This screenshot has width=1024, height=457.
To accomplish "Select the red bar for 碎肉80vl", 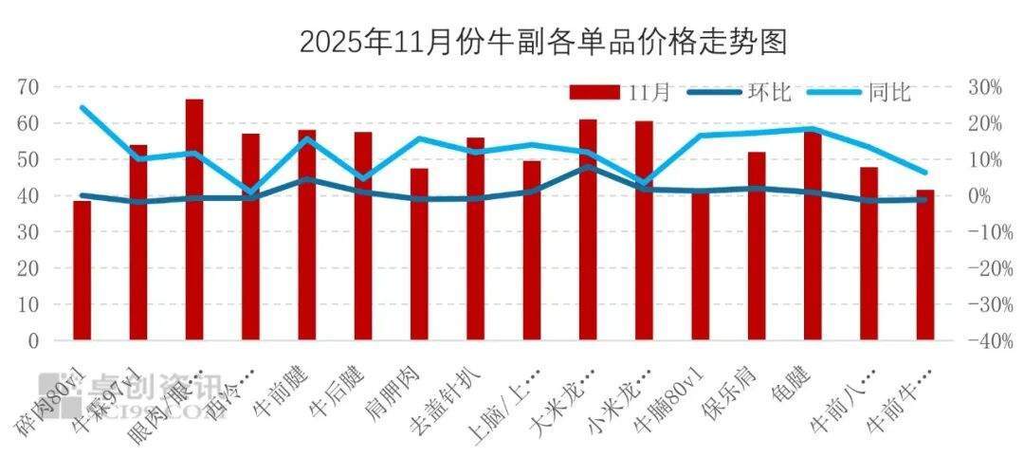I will pos(82,270).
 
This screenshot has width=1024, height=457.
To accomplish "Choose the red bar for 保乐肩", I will pos(757,246).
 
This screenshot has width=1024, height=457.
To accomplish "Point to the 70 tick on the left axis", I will pos(27,87).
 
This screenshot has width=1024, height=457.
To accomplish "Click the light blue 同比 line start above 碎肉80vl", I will pos(82,107).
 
